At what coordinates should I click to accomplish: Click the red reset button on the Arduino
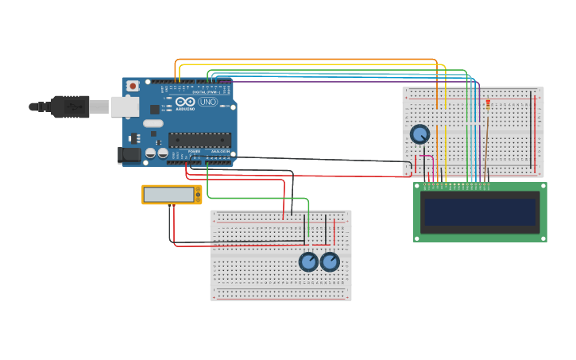pos(133,85)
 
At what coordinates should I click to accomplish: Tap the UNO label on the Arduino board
pos(207,102)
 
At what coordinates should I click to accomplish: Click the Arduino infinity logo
pos(185,102)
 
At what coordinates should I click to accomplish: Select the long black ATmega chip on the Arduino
pos(199,141)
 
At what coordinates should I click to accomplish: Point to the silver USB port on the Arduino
pos(124,106)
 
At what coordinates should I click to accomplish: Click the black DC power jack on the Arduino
pos(129,155)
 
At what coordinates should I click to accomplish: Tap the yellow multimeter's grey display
pos(168,195)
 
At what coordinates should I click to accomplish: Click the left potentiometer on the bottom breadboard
pos(308,261)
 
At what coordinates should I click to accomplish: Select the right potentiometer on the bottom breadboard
pos(330,261)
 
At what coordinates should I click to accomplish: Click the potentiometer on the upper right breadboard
pos(419,134)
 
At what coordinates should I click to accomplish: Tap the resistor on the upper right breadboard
pos(488,106)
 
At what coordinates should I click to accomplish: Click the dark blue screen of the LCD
pos(480,212)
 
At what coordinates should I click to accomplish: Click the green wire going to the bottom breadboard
pos(254,198)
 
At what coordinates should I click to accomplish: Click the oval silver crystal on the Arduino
pos(153,123)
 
